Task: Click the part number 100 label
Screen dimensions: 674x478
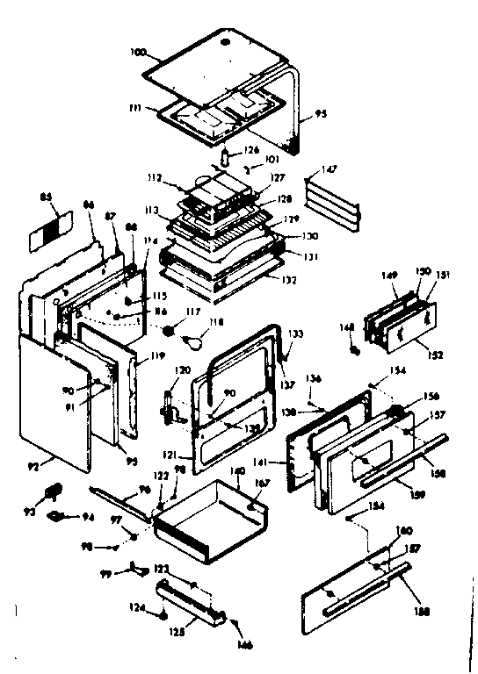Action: click(x=136, y=54)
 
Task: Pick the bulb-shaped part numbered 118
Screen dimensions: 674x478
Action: click(x=190, y=335)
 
